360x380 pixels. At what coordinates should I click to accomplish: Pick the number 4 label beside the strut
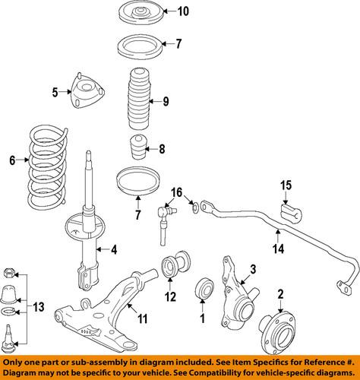[x=113, y=249]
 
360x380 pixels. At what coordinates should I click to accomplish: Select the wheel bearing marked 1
[x=204, y=290]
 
